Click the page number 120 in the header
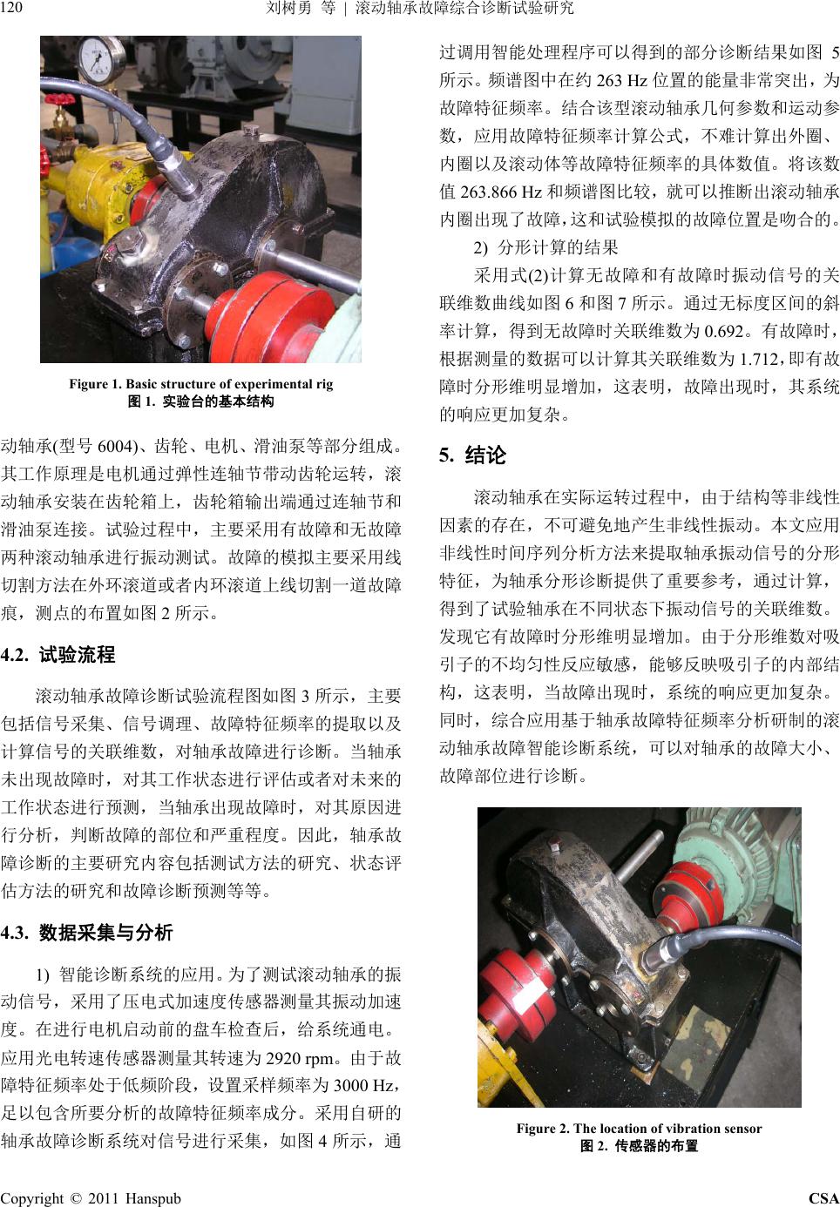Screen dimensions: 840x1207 pos(11,8)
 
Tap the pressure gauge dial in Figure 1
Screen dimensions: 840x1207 pos(101,58)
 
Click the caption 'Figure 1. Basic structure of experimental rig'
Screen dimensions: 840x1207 pos(200,384)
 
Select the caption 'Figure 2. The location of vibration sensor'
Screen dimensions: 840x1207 pos(639,1129)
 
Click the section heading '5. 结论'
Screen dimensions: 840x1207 pos(472,455)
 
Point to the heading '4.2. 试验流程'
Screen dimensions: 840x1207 pos(58,655)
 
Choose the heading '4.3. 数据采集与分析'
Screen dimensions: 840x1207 pos(86,933)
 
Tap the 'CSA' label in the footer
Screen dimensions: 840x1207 pos(823,1198)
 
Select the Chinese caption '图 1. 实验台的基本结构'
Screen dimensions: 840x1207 pos(200,401)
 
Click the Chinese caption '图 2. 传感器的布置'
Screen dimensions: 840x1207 pos(639,1145)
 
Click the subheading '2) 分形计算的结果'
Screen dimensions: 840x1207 pos(545,248)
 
